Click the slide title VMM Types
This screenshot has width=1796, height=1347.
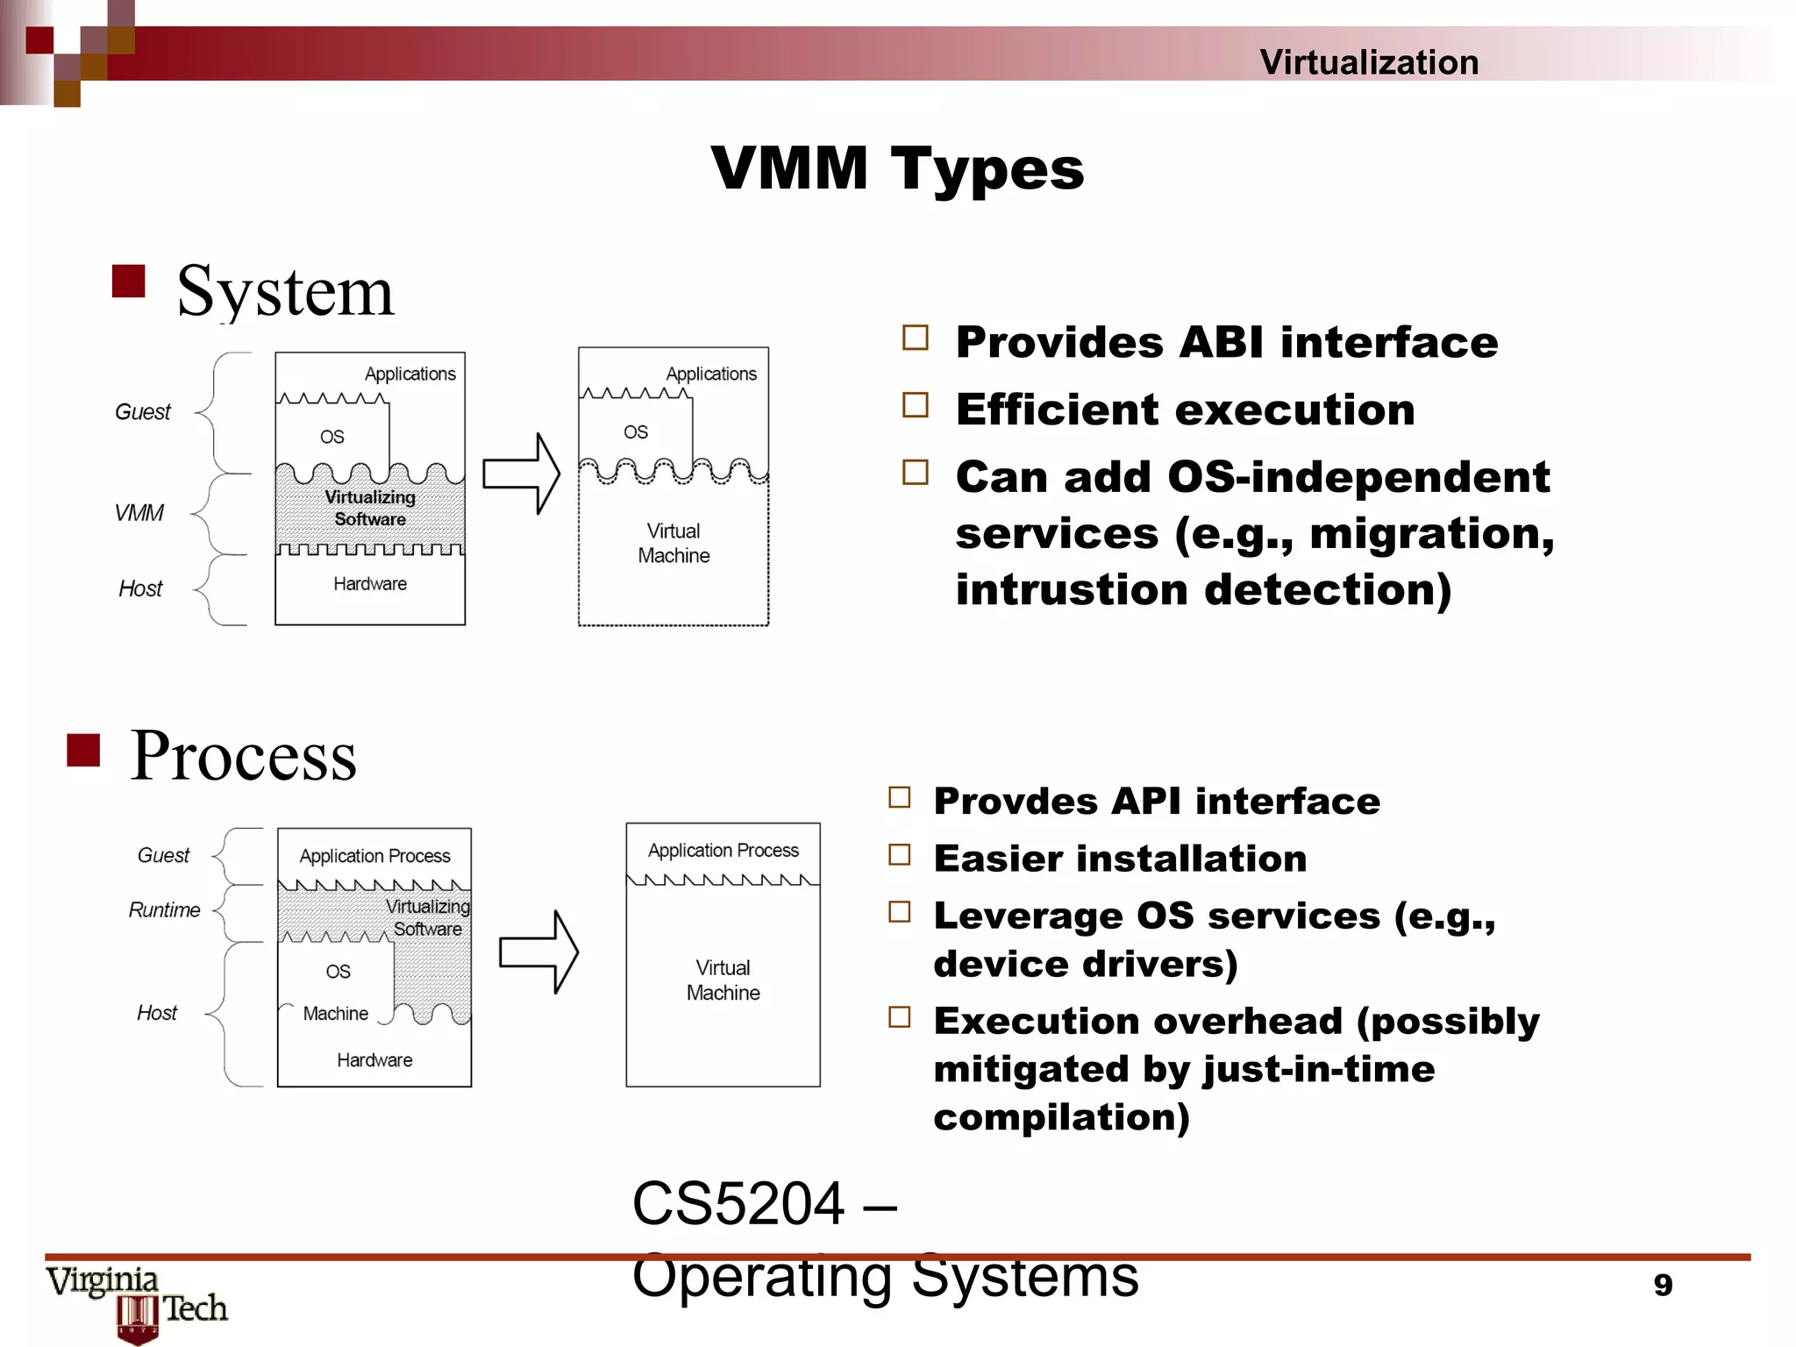click(x=897, y=168)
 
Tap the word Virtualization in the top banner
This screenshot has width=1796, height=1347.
click(x=1369, y=62)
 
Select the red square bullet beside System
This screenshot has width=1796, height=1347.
click(x=129, y=282)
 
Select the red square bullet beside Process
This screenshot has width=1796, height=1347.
click(x=83, y=750)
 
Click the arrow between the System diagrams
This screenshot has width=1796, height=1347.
click(x=521, y=474)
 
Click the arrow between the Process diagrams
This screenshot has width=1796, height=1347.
click(x=538, y=952)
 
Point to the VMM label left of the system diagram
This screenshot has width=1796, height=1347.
click(x=139, y=513)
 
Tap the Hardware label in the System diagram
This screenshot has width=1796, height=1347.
click(x=369, y=584)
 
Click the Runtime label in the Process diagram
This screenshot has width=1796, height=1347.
click(x=164, y=910)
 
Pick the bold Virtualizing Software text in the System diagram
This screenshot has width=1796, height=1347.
click(x=370, y=508)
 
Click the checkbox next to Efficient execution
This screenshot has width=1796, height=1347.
click(x=916, y=405)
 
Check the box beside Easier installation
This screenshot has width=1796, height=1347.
click(x=900, y=855)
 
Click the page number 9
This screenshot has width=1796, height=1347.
click(x=1663, y=1285)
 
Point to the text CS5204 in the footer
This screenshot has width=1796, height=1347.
click(x=738, y=1203)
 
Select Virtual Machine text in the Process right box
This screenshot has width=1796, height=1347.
click(x=723, y=980)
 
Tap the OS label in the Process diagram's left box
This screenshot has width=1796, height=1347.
click(x=338, y=972)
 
